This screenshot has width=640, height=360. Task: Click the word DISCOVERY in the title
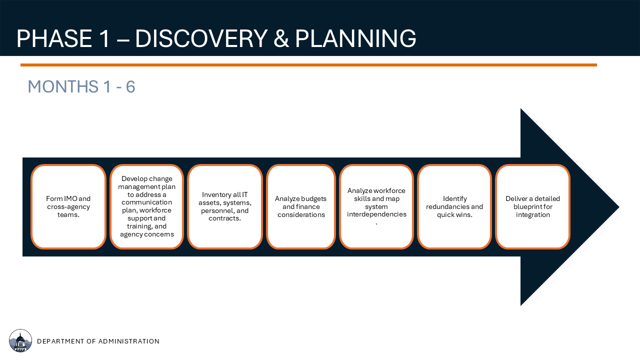point(201,38)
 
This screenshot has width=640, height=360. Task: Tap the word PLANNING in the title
point(355,38)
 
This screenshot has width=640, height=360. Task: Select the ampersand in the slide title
point(281,38)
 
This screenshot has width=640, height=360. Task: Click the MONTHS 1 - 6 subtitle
point(81,86)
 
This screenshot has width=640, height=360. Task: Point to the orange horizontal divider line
point(308,65)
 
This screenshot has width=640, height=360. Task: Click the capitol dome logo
point(20,340)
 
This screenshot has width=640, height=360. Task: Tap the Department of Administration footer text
point(98,341)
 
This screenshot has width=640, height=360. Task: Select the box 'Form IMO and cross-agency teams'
point(68,206)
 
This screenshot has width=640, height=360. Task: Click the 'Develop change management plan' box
point(146,206)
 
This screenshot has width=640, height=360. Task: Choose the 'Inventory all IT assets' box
point(225,206)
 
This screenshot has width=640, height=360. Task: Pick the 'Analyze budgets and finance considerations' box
point(301,206)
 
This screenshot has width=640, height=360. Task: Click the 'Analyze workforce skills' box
point(376,206)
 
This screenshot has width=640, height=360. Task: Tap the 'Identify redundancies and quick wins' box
point(454,206)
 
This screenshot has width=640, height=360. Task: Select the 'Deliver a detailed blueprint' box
point(532,206)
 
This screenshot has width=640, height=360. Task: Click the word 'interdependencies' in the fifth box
point(376,214)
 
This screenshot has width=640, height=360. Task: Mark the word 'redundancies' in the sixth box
point(444,206)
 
